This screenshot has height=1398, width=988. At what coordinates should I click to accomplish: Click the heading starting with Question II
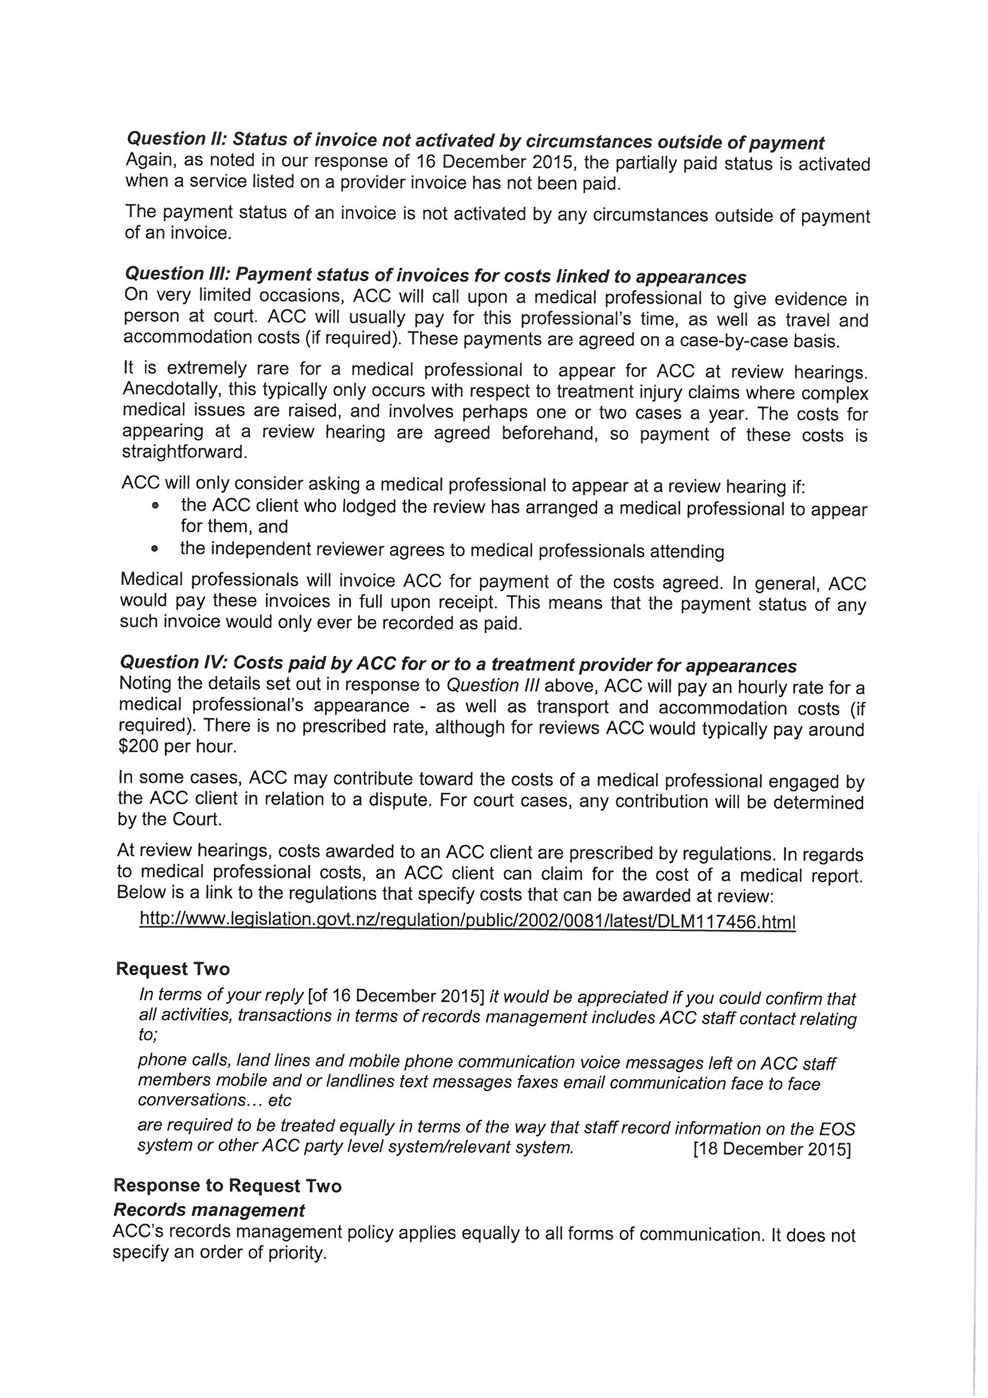[475, 141]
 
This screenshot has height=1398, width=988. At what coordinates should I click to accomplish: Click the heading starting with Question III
[435, 275]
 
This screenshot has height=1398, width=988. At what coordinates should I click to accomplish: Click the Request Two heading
[173, 969]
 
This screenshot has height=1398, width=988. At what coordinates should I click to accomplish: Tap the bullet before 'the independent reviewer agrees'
[156, 548]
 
